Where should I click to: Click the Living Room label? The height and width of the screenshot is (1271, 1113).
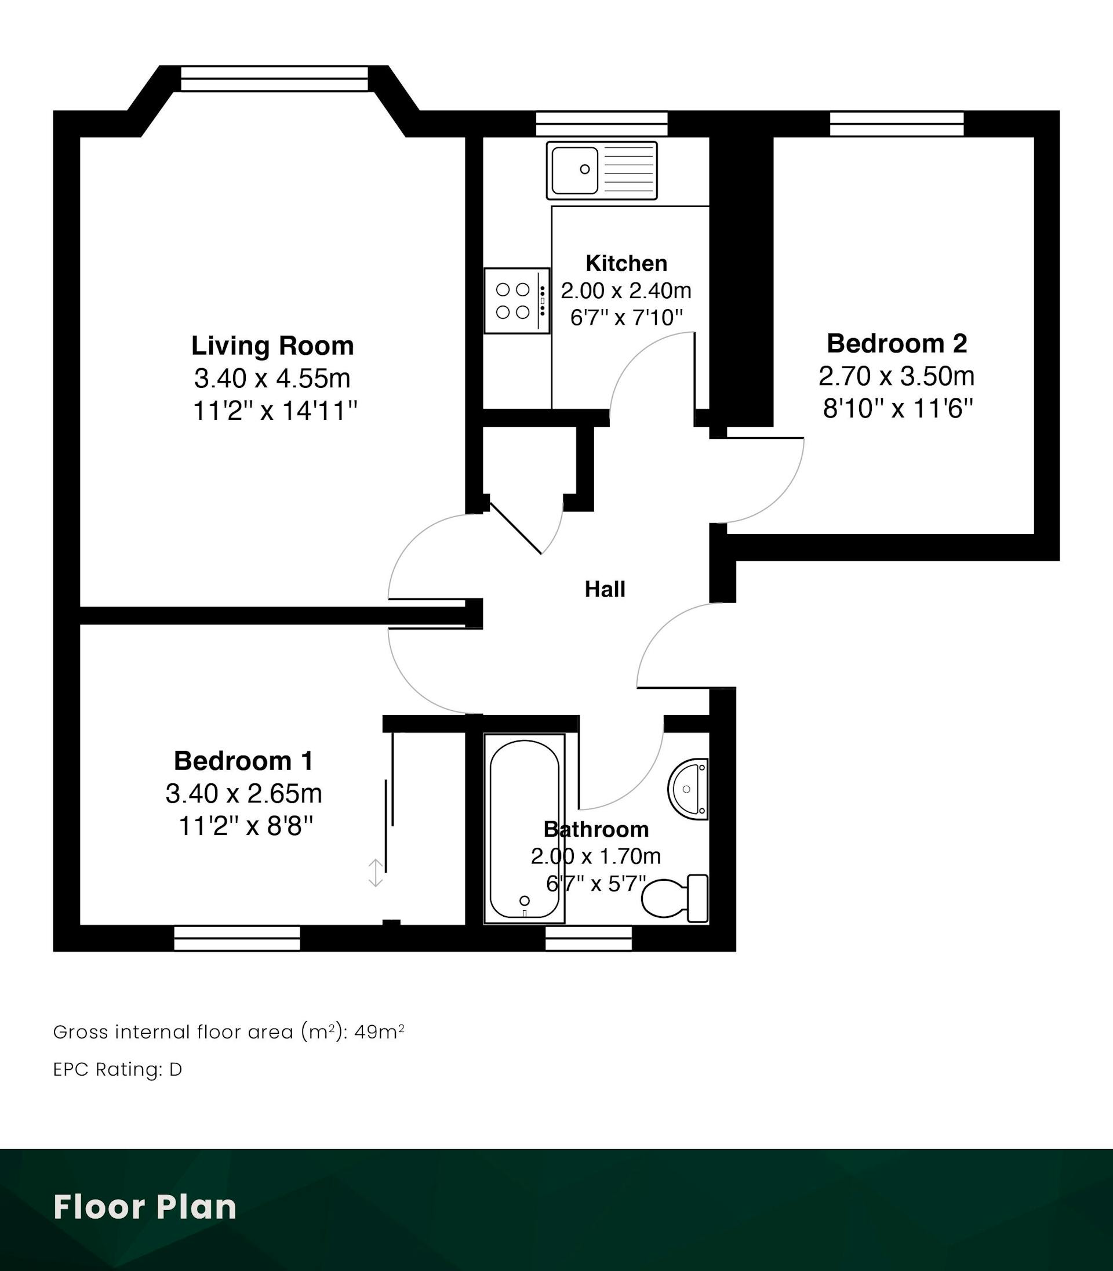click(x=272, y=346)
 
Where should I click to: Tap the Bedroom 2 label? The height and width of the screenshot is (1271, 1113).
click(x=897, y=343)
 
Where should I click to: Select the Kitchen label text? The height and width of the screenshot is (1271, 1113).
click(x=626, y=263)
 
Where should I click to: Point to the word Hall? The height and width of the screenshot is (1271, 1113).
click(x=605, y=589)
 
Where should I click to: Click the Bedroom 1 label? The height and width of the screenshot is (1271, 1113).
click(x=243, y=761)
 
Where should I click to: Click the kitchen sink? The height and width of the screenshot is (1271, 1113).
click(x=601, y=170)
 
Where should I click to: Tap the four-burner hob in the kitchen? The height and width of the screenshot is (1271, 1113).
click(x=517, y=301)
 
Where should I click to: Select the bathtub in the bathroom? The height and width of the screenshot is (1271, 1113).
click(x=525, y=829)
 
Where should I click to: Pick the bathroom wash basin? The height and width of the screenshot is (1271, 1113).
click(x=688, y=789)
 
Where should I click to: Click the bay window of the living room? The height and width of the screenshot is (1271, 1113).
click(x=274, y=79)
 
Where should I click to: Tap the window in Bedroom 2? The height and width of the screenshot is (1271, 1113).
click(x=897, y=124)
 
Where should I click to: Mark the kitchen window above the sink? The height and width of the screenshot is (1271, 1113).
click(x=601, y=124)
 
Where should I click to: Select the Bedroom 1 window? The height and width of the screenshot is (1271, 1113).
click(x=237, y=938)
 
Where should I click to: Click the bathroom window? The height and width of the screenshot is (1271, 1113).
click(x=588, y=938)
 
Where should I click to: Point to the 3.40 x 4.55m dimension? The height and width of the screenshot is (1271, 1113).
click(x=272, y=377)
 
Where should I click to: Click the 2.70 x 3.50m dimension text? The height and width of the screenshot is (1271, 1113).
click(x=896, y=376)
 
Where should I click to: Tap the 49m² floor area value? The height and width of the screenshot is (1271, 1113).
click(x=380, y=1032)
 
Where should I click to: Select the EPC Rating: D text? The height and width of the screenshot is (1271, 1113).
click(x=117, y=1069)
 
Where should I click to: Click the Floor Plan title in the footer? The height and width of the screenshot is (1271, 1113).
click(x=146, y=1207)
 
